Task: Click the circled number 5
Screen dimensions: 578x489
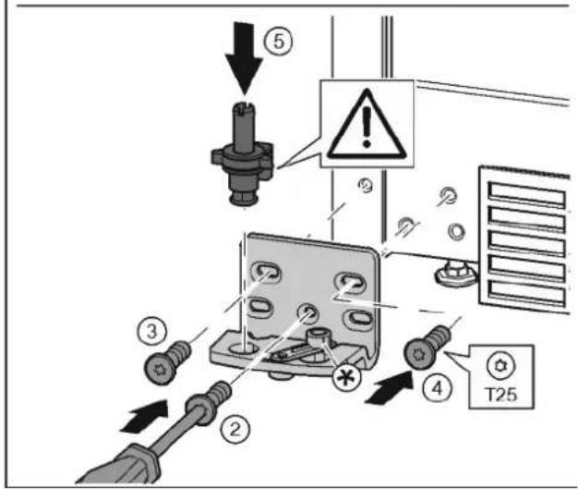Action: pos(279,41)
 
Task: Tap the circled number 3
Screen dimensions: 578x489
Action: pos(151,331)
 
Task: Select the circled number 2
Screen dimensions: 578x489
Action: pos(235,429)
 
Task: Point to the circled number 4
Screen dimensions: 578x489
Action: pos(438,388)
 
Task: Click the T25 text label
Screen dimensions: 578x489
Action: pos(501,394)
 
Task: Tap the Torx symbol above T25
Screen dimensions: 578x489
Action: pos(501,365)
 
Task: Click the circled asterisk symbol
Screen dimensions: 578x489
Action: pos(346,377)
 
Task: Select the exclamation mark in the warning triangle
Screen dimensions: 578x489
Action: pos(366,128)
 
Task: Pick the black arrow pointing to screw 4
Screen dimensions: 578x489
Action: pos(390,388)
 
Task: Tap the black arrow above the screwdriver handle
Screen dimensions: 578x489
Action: pos(144,416)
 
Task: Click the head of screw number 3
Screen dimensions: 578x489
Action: pos(160,369)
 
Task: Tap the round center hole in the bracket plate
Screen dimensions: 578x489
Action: pos(307,313)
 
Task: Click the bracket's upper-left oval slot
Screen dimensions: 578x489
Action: pos(265,273)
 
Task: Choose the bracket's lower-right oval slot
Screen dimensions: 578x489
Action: pos(358,319)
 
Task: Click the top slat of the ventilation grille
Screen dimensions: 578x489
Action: pos(527,194)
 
